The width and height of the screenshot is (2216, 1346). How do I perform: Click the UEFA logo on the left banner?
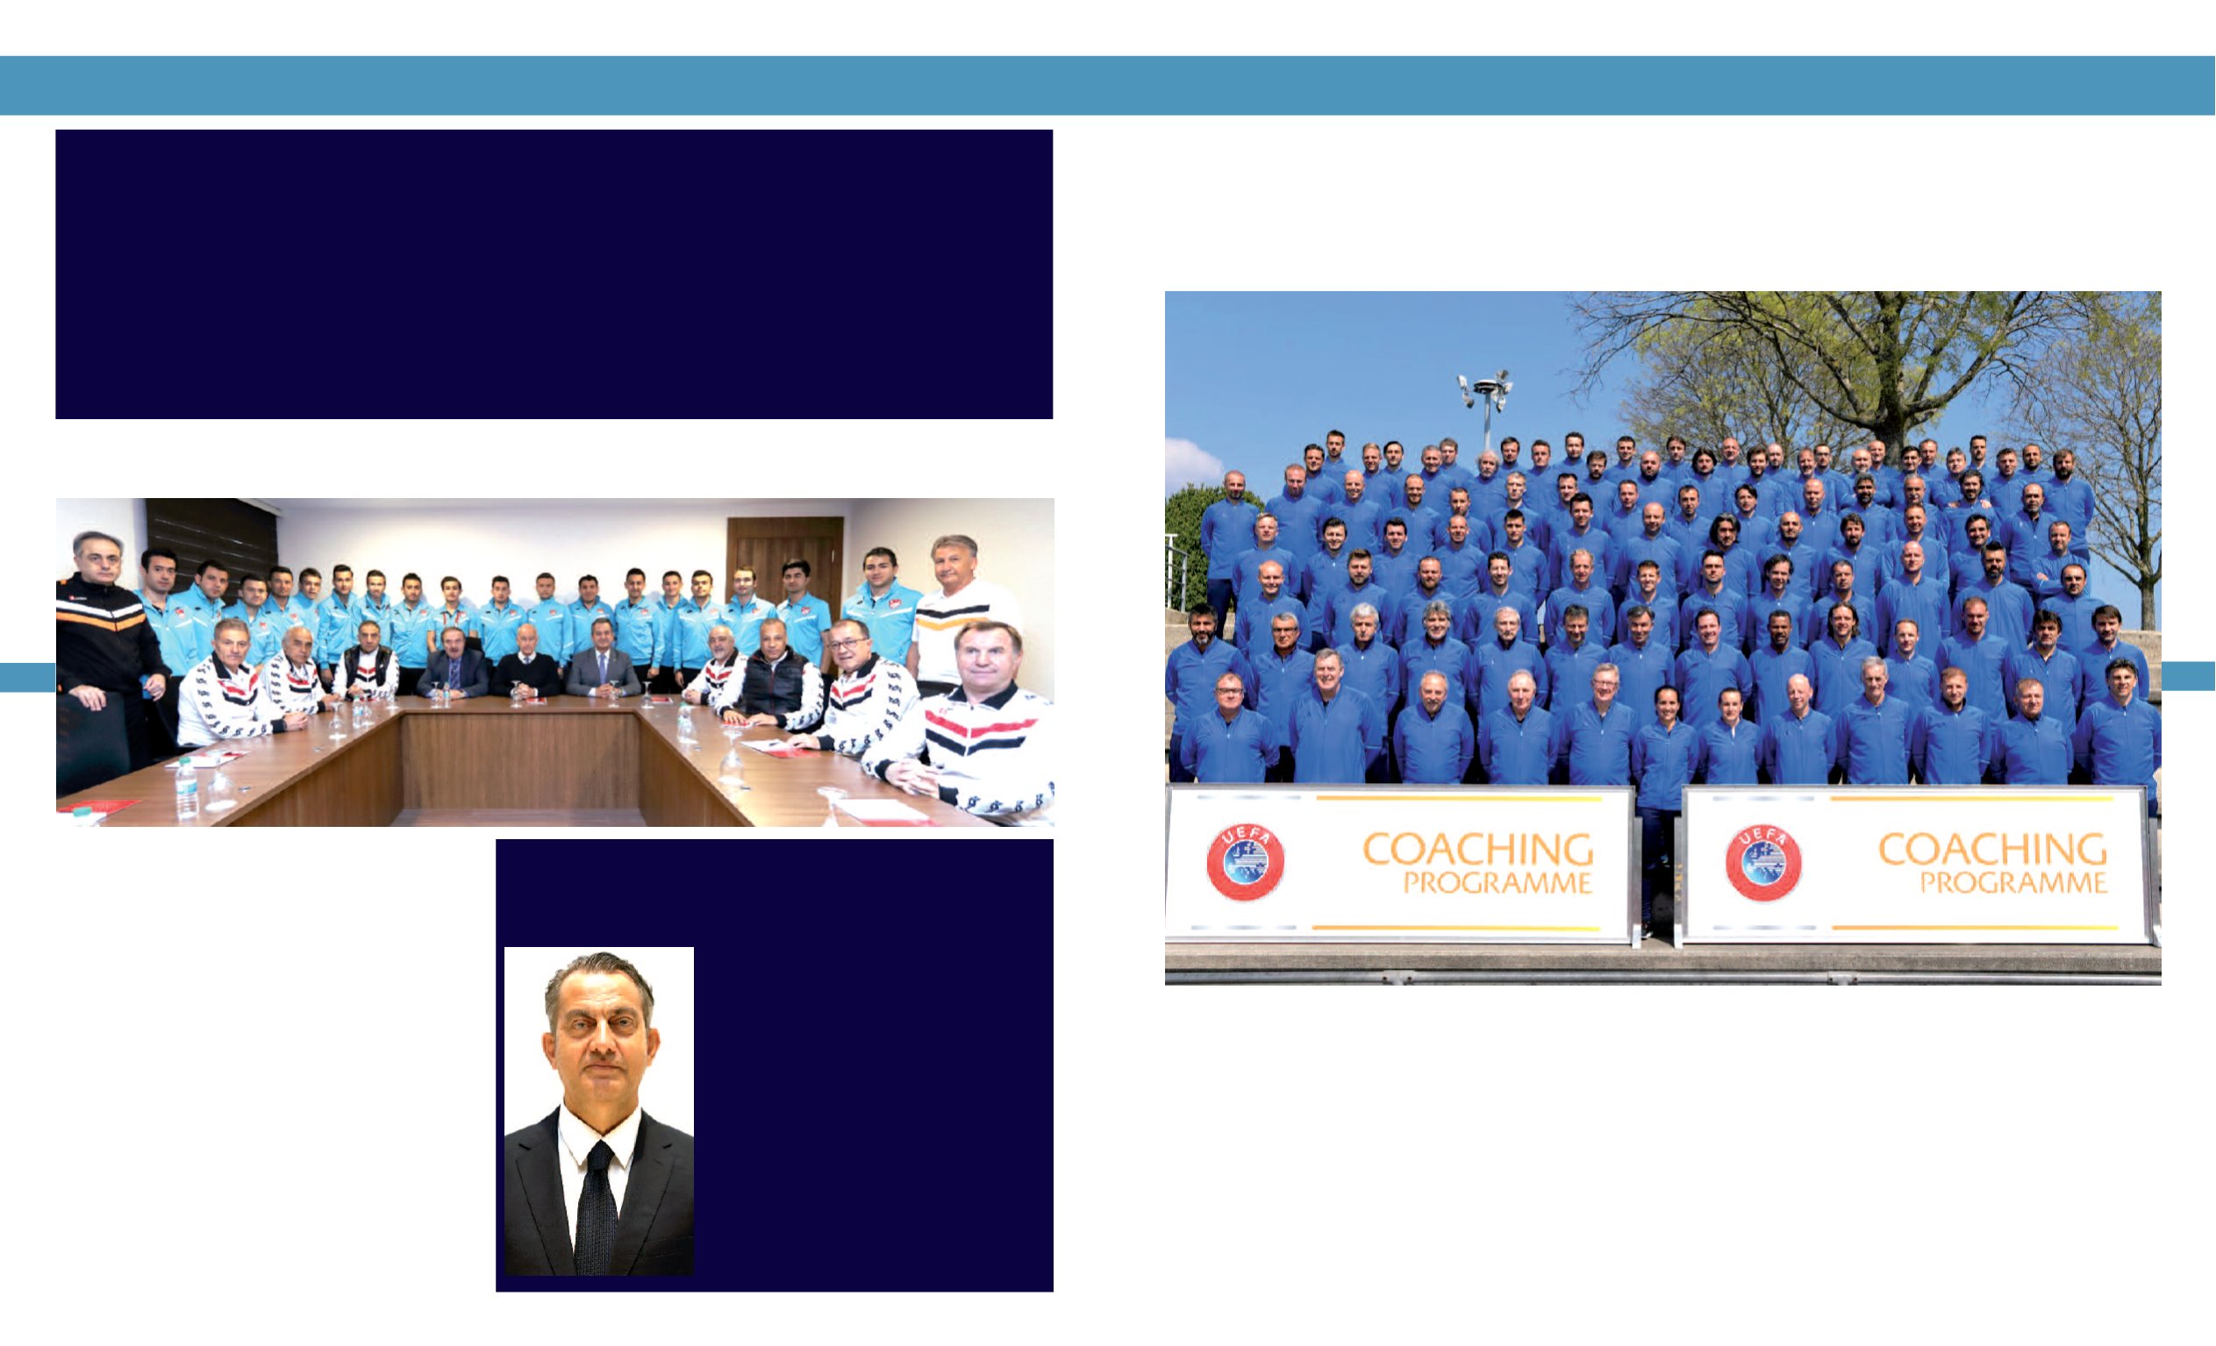(x=1245, y=862)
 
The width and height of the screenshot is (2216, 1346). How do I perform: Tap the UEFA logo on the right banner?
(x=1762, y=862)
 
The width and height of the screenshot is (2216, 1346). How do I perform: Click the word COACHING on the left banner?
(x=1477, y=850)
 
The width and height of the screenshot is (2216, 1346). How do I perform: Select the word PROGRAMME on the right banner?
(x=2012, y=883)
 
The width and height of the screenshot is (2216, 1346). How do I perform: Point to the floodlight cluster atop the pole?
(x=1485, y=388)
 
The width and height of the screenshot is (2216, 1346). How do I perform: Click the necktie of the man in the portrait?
(x=596, y=1207)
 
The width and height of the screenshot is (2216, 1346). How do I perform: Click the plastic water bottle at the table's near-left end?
(x=186, y=788)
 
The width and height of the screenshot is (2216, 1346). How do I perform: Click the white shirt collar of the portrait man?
(x=600, y=1127)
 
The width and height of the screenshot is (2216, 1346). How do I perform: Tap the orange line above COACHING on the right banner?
(x=1971, y=799)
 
